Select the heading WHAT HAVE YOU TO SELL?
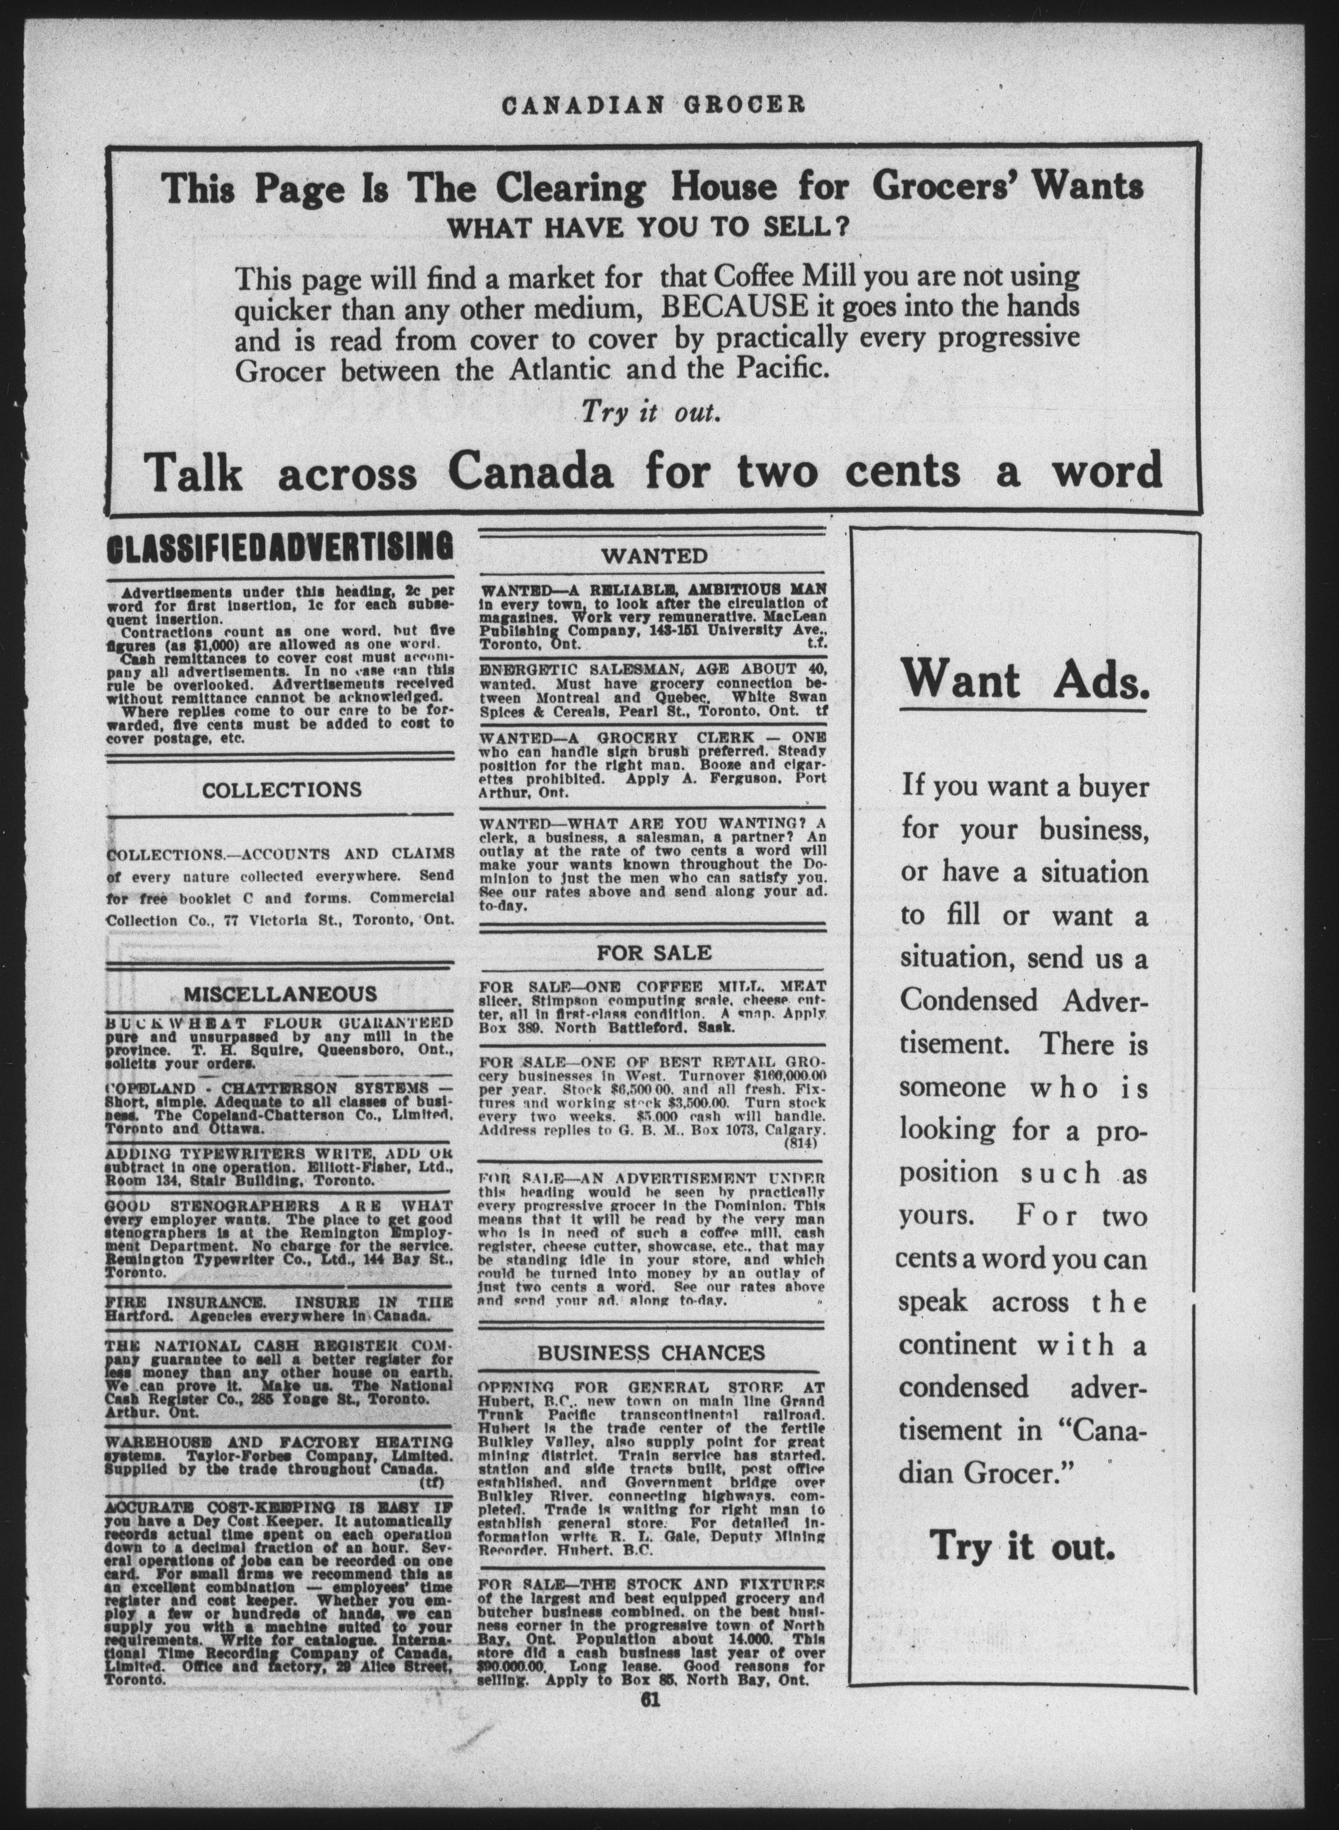(x=648, y=226)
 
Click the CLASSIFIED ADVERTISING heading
(x=280, y=547)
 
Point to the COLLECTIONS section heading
(x=281, y=789)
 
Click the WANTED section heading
(x=653, y=556)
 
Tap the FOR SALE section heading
(x=653, y=953)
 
